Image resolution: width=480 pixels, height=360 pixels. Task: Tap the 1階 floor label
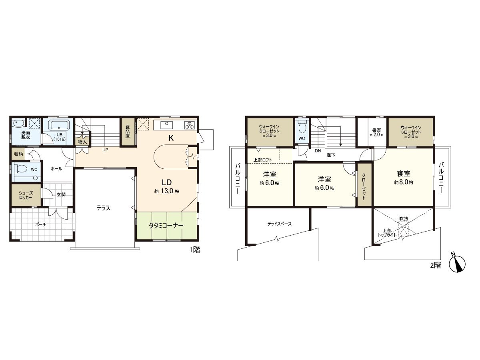tap(195, 250)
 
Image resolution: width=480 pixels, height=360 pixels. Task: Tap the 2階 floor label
tap(436, 265)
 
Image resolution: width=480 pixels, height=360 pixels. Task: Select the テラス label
tap(103, 208)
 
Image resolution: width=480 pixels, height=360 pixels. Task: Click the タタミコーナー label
tap(166, 226)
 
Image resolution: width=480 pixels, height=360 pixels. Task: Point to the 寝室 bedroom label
tap(404, 174)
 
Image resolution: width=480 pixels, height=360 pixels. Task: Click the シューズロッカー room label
tap(25, 195)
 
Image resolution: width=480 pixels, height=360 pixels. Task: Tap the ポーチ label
tap(40, 224)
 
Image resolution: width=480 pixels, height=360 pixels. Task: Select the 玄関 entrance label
tap(61, 195)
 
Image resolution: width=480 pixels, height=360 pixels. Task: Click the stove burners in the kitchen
tap(189, 125)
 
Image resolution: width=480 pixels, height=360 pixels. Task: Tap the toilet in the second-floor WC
tap(302, 127)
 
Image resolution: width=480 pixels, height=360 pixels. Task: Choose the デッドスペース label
tap(280, 224)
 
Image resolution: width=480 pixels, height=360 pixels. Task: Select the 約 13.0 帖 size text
tap(167, 191)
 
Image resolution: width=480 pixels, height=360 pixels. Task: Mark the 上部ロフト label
tap(263, 160)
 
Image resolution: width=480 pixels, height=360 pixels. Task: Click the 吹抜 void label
tap(404, 219)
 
